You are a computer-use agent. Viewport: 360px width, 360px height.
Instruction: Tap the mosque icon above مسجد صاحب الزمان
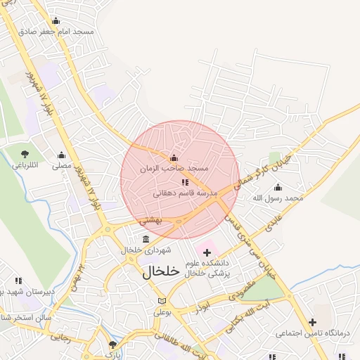click(174, 157)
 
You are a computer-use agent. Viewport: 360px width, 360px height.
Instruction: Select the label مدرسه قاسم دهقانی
click(186, 193)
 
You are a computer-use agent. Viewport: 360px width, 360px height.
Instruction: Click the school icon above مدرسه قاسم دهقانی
click(185, 182)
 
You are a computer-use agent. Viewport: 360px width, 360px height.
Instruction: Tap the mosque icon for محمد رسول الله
click(278, 187)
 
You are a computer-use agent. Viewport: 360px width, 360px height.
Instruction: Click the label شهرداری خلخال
click(141, 250)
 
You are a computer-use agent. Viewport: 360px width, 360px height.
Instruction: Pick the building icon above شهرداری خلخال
click(146, 240)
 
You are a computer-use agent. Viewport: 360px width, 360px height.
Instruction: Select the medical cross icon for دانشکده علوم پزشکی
click(207, 252)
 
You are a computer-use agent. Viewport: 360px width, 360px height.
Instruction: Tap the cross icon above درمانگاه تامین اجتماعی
click(312, 322)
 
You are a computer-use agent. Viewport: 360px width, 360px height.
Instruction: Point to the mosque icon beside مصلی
click(61, 155)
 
